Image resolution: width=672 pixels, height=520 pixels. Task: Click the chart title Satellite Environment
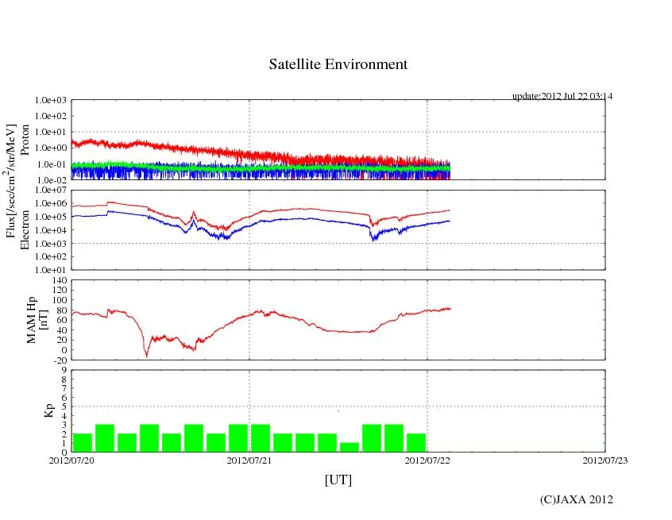(x=338, y=64)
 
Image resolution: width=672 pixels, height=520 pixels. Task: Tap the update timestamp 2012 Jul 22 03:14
(x=562, y=96)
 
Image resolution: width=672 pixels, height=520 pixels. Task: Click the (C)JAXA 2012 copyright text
(x=576, y=499)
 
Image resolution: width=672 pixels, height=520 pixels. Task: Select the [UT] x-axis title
(x=338, y=480)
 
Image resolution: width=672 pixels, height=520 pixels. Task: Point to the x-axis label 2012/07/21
(x=249, y=459)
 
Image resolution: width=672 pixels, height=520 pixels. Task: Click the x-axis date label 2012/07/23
(x=605, y=459)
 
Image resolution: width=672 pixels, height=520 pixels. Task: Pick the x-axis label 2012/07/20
(x=71, y=459)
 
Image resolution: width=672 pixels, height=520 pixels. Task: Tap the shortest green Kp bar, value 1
(x=350, y=447)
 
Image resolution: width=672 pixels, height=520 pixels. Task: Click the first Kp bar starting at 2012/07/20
(x=83, y=442)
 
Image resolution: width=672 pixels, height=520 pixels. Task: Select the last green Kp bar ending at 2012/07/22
(x=416, y=442)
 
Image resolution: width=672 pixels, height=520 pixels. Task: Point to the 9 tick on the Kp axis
(x=64, y=370)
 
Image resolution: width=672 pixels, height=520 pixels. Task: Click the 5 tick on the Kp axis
(x=64, y=406)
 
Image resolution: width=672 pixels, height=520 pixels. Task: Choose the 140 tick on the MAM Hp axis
(x=60, y=280)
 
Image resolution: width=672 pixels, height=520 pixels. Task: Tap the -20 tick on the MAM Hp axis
(x=60, y=360)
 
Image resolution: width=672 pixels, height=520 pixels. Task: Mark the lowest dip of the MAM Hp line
(x=146, y=356)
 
